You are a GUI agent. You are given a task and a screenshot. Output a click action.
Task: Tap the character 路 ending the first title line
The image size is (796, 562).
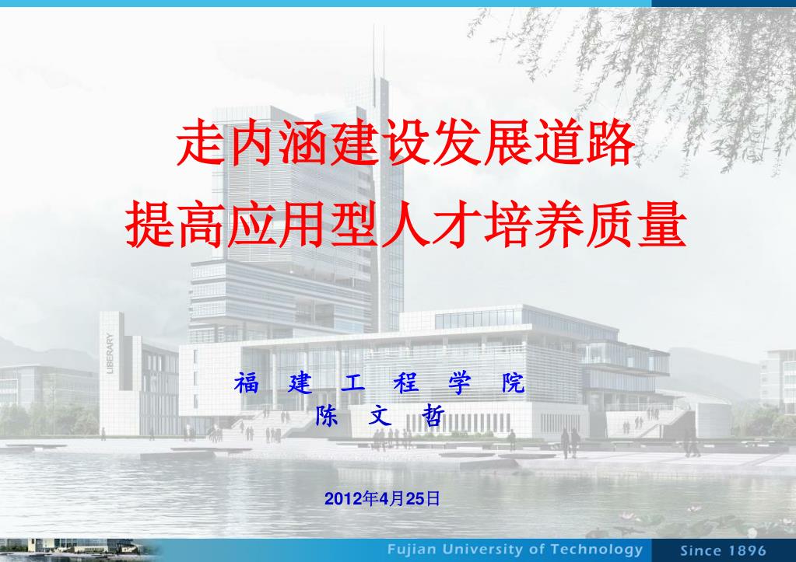tap(610, 142)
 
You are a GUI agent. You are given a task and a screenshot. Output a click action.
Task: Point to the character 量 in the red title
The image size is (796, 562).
tap(662, 224)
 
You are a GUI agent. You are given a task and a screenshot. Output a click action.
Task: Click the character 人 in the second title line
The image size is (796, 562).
tap(407, 224)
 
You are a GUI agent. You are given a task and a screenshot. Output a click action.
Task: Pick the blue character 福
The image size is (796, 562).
tap(247, 383)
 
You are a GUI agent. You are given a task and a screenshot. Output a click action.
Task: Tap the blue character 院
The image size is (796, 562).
tap(514, 383)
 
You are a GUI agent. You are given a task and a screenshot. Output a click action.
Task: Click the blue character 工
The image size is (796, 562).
tap(352, 383)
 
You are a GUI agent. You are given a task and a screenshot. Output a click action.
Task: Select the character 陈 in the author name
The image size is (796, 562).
tap(327, 415)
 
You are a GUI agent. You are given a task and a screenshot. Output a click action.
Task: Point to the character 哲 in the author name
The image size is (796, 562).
tap(433, 415)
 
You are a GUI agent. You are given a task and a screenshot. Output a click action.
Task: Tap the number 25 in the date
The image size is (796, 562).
tap(416, 499)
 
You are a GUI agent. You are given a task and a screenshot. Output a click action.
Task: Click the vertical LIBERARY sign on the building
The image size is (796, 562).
tap(110, 353)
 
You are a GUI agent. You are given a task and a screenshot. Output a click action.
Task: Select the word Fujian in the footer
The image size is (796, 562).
tap(412, 550)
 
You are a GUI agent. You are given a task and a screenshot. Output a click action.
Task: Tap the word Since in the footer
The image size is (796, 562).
tap(699, 550)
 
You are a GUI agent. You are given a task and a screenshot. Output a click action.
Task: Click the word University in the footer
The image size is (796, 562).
tap(482, 550)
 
